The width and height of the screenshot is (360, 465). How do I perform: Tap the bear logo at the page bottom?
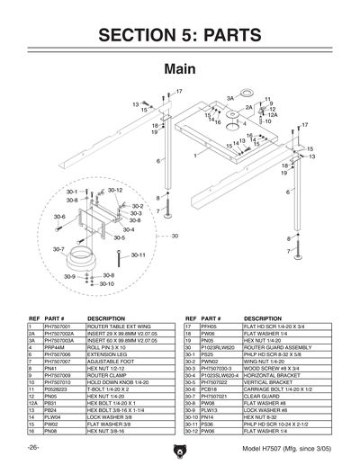[179, 450]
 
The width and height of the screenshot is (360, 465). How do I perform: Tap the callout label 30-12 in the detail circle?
[114, 191]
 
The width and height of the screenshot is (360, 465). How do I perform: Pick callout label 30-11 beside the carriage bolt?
[138, 255]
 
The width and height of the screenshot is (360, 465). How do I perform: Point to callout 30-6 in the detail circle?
[59, 217]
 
